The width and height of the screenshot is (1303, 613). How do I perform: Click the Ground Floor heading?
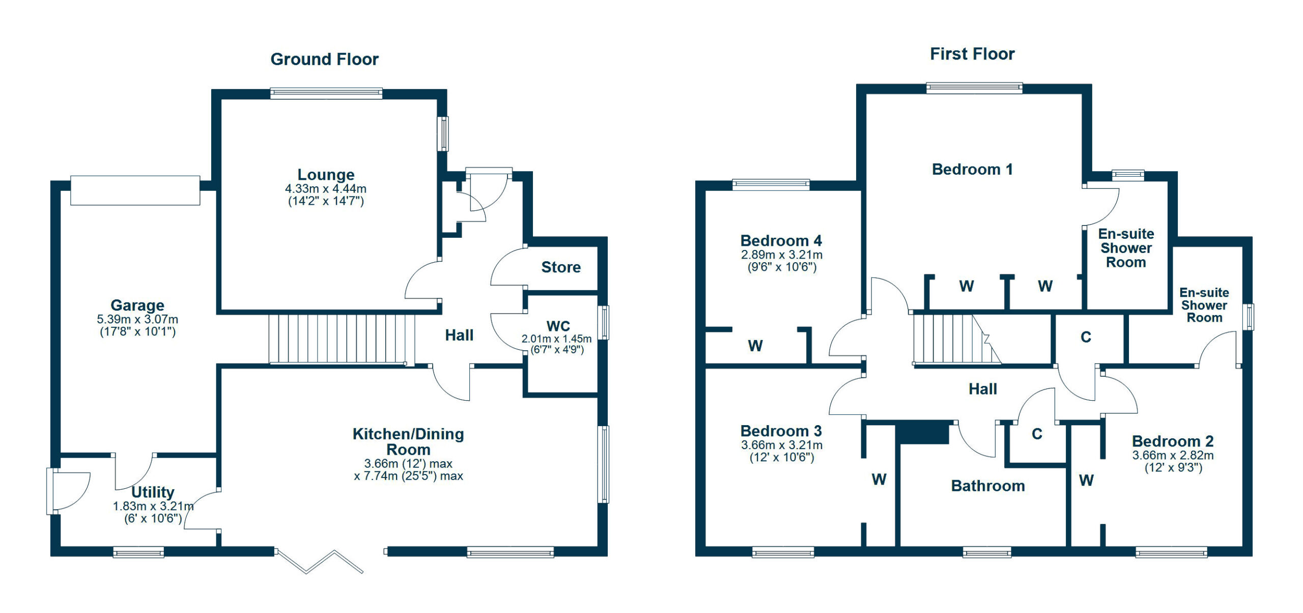click(x=324, y=59)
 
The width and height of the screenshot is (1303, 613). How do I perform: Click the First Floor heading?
click(x=972, y=53)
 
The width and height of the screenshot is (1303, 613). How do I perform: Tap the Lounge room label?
click(x=326, y=175)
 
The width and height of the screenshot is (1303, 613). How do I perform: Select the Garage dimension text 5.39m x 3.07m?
click(x=137, y=319)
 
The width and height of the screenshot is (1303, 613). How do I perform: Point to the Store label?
click(x=561, y=267)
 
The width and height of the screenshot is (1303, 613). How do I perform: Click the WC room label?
click(x=558, y=326)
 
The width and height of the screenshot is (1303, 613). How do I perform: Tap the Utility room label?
click(x=153, y=492)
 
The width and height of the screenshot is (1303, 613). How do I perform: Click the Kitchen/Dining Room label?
click(x=408, y=441)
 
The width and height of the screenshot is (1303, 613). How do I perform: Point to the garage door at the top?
click(x=135, y=190)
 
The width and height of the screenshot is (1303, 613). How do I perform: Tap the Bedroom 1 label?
click(x=972, y=169)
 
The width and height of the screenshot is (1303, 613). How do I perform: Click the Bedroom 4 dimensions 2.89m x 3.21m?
click(x=782, y=255)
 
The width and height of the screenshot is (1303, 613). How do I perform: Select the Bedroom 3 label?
click(x=781, y=431)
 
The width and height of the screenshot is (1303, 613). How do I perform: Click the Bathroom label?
click(x=988, y=486)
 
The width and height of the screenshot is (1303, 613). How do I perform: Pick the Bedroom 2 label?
click(x=1173, y=441)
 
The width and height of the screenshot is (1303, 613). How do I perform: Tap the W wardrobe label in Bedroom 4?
click(x=755, y=346)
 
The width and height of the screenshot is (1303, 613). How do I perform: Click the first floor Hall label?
click(x=982, y=389)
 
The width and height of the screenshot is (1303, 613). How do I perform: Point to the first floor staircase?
click(x=957, y=339)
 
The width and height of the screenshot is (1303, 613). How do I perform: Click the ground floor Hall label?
click(x=459, y=335)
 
